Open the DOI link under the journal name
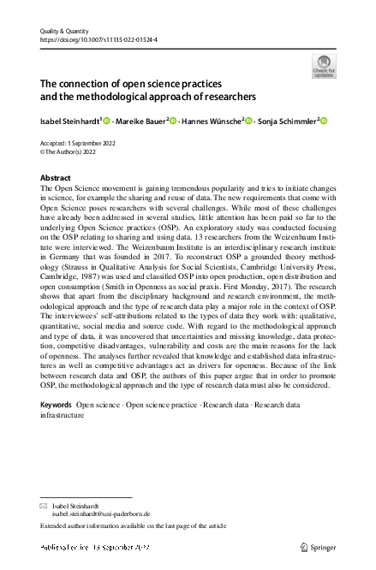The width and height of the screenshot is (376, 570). coord(94,39)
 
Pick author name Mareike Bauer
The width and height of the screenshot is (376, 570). coord(140,121)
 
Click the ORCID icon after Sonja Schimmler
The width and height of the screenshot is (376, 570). coord(325,121)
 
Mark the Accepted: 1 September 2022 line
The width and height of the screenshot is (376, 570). coord(79,143)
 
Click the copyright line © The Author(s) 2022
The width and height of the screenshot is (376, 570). coord(73,151)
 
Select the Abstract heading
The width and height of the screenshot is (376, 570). coord(57,178)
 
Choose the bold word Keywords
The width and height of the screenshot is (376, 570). coord(56,402)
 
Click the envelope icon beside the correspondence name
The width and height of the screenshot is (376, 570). coord(45,507)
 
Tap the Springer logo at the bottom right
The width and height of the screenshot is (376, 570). coord(319,545)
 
